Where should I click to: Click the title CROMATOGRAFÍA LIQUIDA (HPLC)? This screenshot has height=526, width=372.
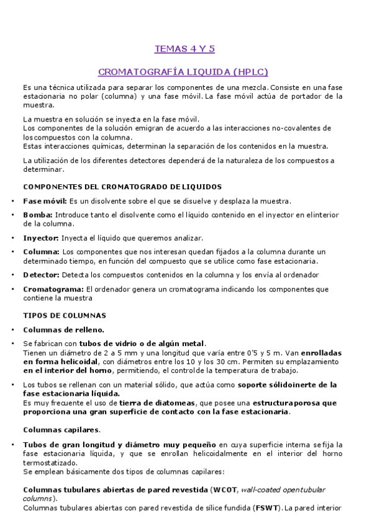tap(184, 71)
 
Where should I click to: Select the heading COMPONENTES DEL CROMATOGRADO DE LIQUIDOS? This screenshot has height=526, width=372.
tap(122, 187)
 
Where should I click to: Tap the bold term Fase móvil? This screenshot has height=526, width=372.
tap(45, 201)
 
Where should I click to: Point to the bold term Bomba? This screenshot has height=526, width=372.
tap(38, 215)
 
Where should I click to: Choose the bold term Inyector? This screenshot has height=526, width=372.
tap(41, 238)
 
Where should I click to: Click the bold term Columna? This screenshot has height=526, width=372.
tap(42, 251)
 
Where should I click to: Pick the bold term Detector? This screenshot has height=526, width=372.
tap(41, 274)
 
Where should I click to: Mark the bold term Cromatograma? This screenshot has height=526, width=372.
tap(53, 288)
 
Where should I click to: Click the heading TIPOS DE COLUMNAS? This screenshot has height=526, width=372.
tap(65, 315)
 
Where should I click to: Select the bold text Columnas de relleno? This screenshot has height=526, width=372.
tap(64, 329)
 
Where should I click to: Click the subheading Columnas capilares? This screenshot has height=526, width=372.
tap(62, 429)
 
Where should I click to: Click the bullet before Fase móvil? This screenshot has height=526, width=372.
tap(13, 201)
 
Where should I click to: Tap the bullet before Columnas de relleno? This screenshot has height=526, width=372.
tap(13, 329)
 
